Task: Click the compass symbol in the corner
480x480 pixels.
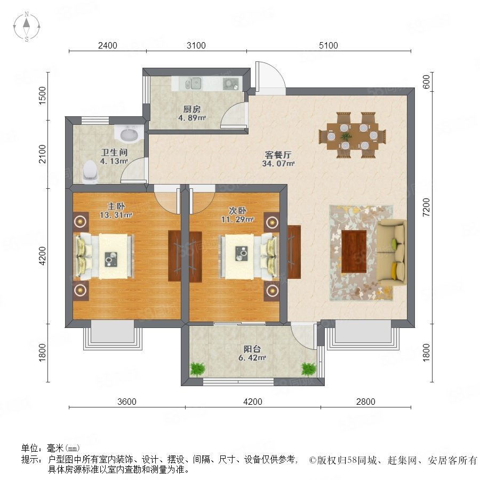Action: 27,26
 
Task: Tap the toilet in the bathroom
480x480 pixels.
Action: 90,172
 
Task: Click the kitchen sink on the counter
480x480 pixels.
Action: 194,83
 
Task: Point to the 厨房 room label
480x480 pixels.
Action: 192,109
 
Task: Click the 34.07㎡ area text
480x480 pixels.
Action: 278,164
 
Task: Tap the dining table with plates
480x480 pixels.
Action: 353,135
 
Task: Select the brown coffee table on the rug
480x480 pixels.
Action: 354,251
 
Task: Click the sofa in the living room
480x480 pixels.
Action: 391,253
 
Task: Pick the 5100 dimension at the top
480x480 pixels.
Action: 329,46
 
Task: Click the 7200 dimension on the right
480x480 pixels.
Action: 427,207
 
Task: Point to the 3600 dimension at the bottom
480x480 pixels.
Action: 127,402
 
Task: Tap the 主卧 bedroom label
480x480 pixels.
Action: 116,206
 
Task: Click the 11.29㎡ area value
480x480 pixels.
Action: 237,220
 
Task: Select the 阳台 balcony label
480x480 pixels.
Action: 252,349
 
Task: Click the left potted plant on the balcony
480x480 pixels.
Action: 197,369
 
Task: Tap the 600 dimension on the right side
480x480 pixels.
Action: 427,82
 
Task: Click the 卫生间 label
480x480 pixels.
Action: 114,152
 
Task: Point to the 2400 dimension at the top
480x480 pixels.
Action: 107,46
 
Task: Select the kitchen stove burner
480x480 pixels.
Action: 231,83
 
